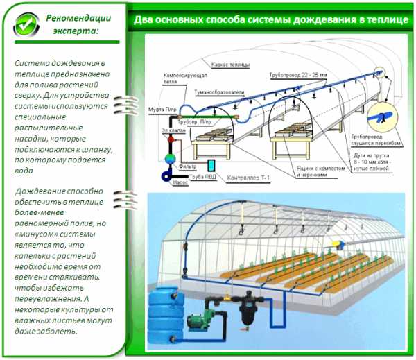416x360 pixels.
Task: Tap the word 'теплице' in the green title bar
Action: click(x=385, y=19)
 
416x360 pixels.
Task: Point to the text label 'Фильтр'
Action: click(x=188, y=167)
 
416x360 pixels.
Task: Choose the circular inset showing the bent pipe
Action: click(x=382, y=117)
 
